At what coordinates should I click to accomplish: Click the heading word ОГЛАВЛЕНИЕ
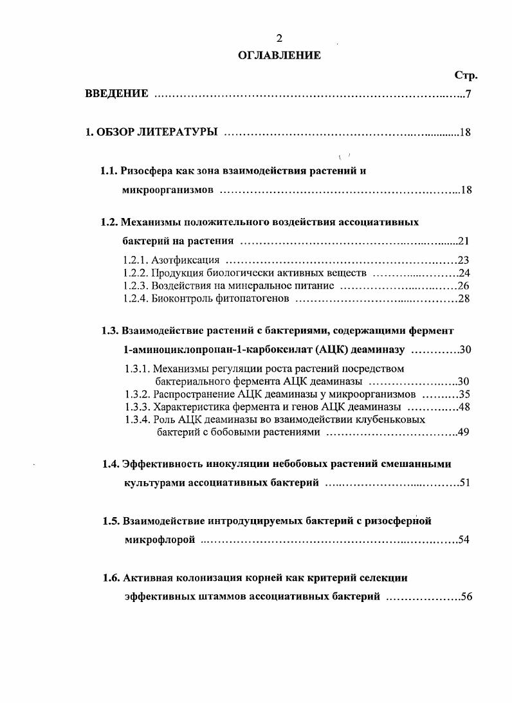tap(279, 55)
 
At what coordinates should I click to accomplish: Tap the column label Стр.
tap(465, 75)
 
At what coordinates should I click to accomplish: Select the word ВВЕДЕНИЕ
tap(117, 95)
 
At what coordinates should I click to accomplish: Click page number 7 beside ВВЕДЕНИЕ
tap(470, 95)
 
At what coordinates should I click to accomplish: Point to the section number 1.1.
tap(109, 171)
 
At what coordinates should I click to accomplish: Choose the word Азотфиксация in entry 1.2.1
tap(186, 260)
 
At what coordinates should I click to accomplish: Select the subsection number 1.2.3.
tap(135, 286)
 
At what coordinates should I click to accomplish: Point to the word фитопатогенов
tap(256, 299)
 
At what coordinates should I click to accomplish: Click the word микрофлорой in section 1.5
tap(160, 540)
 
